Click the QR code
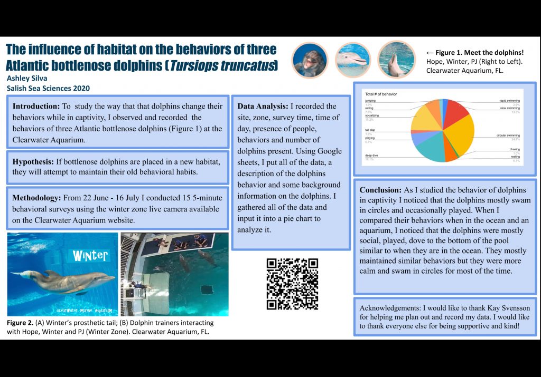point(292,284)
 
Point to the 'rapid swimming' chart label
point(509,100)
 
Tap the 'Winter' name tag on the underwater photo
point(90,256)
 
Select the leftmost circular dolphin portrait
point(310,60)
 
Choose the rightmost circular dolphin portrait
point(396,60)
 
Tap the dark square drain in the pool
point(207,289)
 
